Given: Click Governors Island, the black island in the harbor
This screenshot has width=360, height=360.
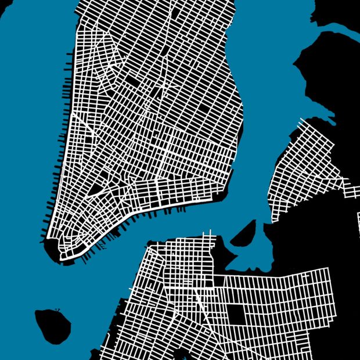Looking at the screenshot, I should [x=52, y=324].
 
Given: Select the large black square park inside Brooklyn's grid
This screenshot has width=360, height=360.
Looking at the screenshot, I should [x=236, y=314].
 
